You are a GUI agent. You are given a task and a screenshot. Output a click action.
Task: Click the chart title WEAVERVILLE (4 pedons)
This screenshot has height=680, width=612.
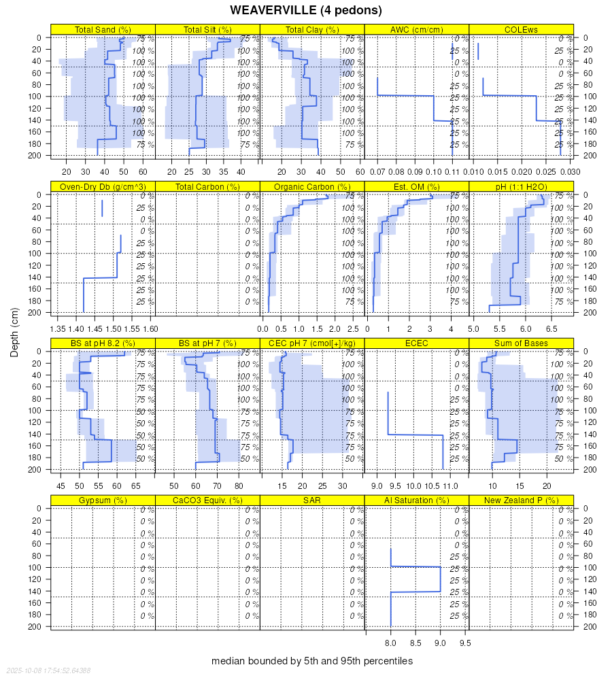coord(306,10)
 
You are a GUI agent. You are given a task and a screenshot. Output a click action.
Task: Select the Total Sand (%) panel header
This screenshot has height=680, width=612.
coord(103,29)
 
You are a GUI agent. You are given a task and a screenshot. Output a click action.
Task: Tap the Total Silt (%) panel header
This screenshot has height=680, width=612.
coord(207,29)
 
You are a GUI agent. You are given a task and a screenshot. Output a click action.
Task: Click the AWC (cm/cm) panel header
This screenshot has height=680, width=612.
coord(416,29)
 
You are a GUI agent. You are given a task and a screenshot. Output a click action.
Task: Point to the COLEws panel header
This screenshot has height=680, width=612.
coord(521,29)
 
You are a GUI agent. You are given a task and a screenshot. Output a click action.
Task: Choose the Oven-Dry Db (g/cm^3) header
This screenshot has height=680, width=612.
coord(103,186)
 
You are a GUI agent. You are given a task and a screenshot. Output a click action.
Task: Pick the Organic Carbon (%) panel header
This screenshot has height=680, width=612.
coord(312,186)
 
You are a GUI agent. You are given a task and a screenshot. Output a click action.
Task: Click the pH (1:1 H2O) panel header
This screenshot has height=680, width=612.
coord(521,186)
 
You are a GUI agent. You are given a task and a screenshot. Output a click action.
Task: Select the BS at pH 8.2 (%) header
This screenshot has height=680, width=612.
coord(103,343)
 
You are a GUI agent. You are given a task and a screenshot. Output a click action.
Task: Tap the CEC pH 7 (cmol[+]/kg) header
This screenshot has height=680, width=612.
coord(312,343)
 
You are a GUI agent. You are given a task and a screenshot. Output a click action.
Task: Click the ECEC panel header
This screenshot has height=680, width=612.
coord(416,343)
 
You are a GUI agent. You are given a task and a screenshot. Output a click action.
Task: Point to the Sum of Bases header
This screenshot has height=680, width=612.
coord(521,343)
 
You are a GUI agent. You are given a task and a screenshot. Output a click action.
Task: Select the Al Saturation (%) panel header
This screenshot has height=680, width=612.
coord(416,500)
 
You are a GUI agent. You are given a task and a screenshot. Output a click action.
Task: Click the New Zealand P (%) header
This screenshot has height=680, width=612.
coord(521,500)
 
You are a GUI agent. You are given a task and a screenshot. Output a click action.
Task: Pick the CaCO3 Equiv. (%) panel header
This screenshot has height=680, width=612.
coord(207,500)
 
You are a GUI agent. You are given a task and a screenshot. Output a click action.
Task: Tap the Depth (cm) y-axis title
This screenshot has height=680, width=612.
coord(14,331)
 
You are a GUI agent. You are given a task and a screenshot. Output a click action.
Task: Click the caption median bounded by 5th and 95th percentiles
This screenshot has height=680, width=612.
coord(312,661)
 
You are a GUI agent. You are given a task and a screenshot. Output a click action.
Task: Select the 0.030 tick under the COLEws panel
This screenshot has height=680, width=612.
coord(570,172)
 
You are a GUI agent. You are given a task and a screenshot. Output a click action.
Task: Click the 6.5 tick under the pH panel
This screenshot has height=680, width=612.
coord(551,329)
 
